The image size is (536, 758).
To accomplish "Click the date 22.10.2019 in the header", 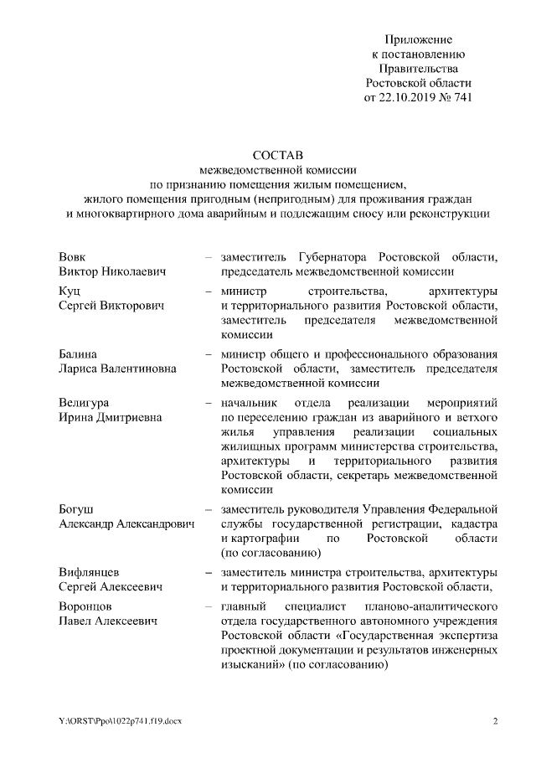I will [x=414, y=96].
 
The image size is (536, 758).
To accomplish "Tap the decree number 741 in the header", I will [x=461, y=96].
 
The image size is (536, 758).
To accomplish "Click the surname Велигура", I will [x=84, y=403].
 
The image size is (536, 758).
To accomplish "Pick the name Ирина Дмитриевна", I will [x=111, y=418].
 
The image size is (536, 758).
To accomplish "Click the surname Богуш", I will [x=76, y=508].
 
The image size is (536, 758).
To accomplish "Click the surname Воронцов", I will [x=85, y=606].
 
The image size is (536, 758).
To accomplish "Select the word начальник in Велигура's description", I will [x=248, y=403].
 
